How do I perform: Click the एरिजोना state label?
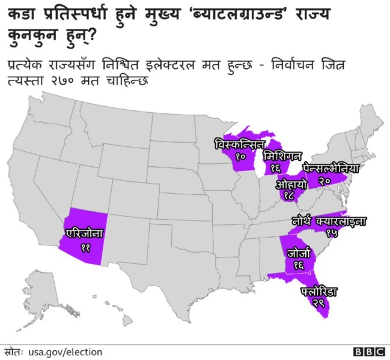coord(86,233)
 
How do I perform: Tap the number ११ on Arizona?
coord(85,247)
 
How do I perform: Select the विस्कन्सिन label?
coord(239,145)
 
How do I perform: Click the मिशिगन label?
coord(282,155)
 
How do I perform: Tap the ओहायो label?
coord(291,183)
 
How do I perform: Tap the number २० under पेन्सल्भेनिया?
coord(324,181)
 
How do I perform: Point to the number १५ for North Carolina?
coord(332,233)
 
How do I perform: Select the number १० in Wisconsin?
coord(240,157)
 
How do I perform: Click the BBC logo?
coord(369,352)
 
